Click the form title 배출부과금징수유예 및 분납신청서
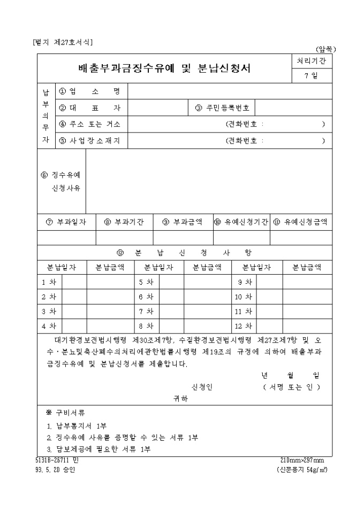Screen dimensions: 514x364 (x=165, y=68)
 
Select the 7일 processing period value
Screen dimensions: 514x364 (x=310, y=76)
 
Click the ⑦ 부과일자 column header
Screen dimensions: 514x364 (x=66, y=222)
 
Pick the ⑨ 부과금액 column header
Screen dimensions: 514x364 (x=182, y=222)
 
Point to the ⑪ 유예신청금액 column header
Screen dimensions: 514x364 (x=301, y=222)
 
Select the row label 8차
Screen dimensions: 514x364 (x=146, y=325)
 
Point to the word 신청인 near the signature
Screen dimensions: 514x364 (x=202, y=387)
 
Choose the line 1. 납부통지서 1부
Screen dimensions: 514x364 (x=77, y=426)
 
